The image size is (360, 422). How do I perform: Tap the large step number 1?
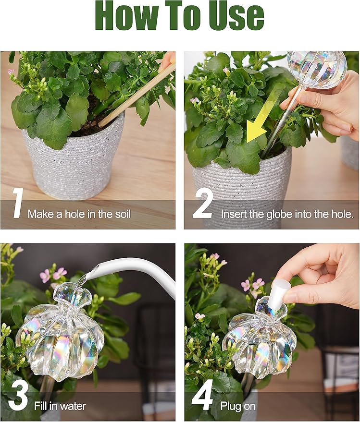tap(17, 204)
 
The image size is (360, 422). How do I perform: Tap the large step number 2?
tap(203, 204)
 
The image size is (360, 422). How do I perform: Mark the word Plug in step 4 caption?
tap(230, 406)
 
